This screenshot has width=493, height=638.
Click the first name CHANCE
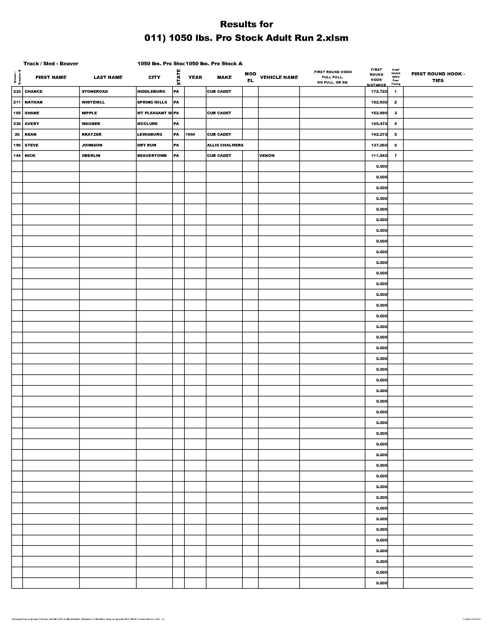coord(34,92)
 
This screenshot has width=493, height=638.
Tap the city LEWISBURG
coord(150,134)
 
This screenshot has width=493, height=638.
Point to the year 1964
coord(190,134)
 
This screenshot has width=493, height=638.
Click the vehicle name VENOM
coord(267,156)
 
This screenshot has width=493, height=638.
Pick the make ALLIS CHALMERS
coord(225,145)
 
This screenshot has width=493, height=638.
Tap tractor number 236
coord(17,124)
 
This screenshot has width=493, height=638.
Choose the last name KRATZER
coord(92,134)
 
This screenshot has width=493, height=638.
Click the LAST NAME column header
coord(108,77)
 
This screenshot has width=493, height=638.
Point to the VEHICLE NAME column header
coord(279,77)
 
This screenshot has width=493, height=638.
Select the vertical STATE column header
coord(178,77)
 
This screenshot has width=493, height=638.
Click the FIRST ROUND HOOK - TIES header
coord(438,77)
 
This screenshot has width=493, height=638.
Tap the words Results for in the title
coord(246,24)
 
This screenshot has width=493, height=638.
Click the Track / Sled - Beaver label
coord(51,64)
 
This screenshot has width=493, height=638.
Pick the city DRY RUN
coord(147,145)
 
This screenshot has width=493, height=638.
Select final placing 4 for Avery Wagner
coord(396,124)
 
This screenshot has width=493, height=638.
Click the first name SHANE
coord(32,113)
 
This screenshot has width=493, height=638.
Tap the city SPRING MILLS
coord(152,102)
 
